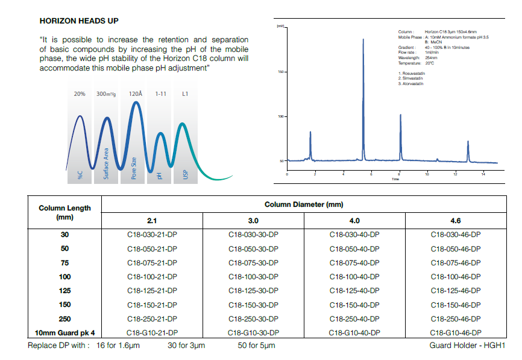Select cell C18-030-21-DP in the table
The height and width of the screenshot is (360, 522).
(x=152, y=235)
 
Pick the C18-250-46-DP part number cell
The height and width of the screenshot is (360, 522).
(x=456, y=318)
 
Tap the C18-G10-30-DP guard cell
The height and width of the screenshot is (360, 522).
(x=253, y=332)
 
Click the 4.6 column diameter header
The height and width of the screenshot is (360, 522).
(x=456, y=221)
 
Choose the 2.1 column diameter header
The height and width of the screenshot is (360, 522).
(x=152, y=221)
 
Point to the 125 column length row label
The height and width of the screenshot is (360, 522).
(x=64, y=291)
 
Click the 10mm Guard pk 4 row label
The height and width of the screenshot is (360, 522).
(x=64, y=332)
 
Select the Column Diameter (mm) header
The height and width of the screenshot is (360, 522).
(x=304, y=204)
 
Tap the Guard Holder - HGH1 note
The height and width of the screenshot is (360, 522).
(x=467, y=346)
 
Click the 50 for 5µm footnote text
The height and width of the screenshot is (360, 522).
(x=257, y=346)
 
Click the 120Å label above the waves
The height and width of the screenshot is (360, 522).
(x=136, y=94)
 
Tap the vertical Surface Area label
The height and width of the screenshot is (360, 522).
(x=107, y=163)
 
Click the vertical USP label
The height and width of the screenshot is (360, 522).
(x=186, y=174)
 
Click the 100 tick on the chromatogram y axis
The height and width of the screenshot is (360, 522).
(x=280, y=116)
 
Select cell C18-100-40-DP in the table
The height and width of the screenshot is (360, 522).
(x=354, y=277)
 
